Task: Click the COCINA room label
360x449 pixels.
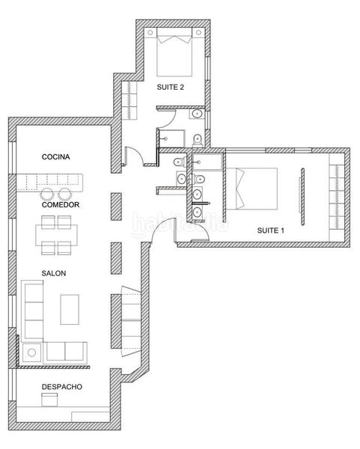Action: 56,157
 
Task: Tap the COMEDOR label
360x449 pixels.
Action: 61,205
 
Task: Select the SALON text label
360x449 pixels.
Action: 54,273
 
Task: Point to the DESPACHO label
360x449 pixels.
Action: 62,387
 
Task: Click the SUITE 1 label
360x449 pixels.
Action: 271,230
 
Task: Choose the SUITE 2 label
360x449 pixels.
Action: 171,88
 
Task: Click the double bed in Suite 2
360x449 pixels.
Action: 174,52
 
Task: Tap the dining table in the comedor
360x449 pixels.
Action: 56,236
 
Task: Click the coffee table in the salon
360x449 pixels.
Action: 70,310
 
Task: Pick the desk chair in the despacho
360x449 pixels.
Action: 49,400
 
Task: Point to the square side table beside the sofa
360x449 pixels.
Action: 31,352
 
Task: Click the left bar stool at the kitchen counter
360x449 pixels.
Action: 47,194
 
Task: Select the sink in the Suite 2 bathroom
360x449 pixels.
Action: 197,114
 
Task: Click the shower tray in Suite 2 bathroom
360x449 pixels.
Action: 171,138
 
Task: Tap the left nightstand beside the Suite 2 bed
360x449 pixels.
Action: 150,32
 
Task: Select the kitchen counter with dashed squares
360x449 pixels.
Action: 50,183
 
